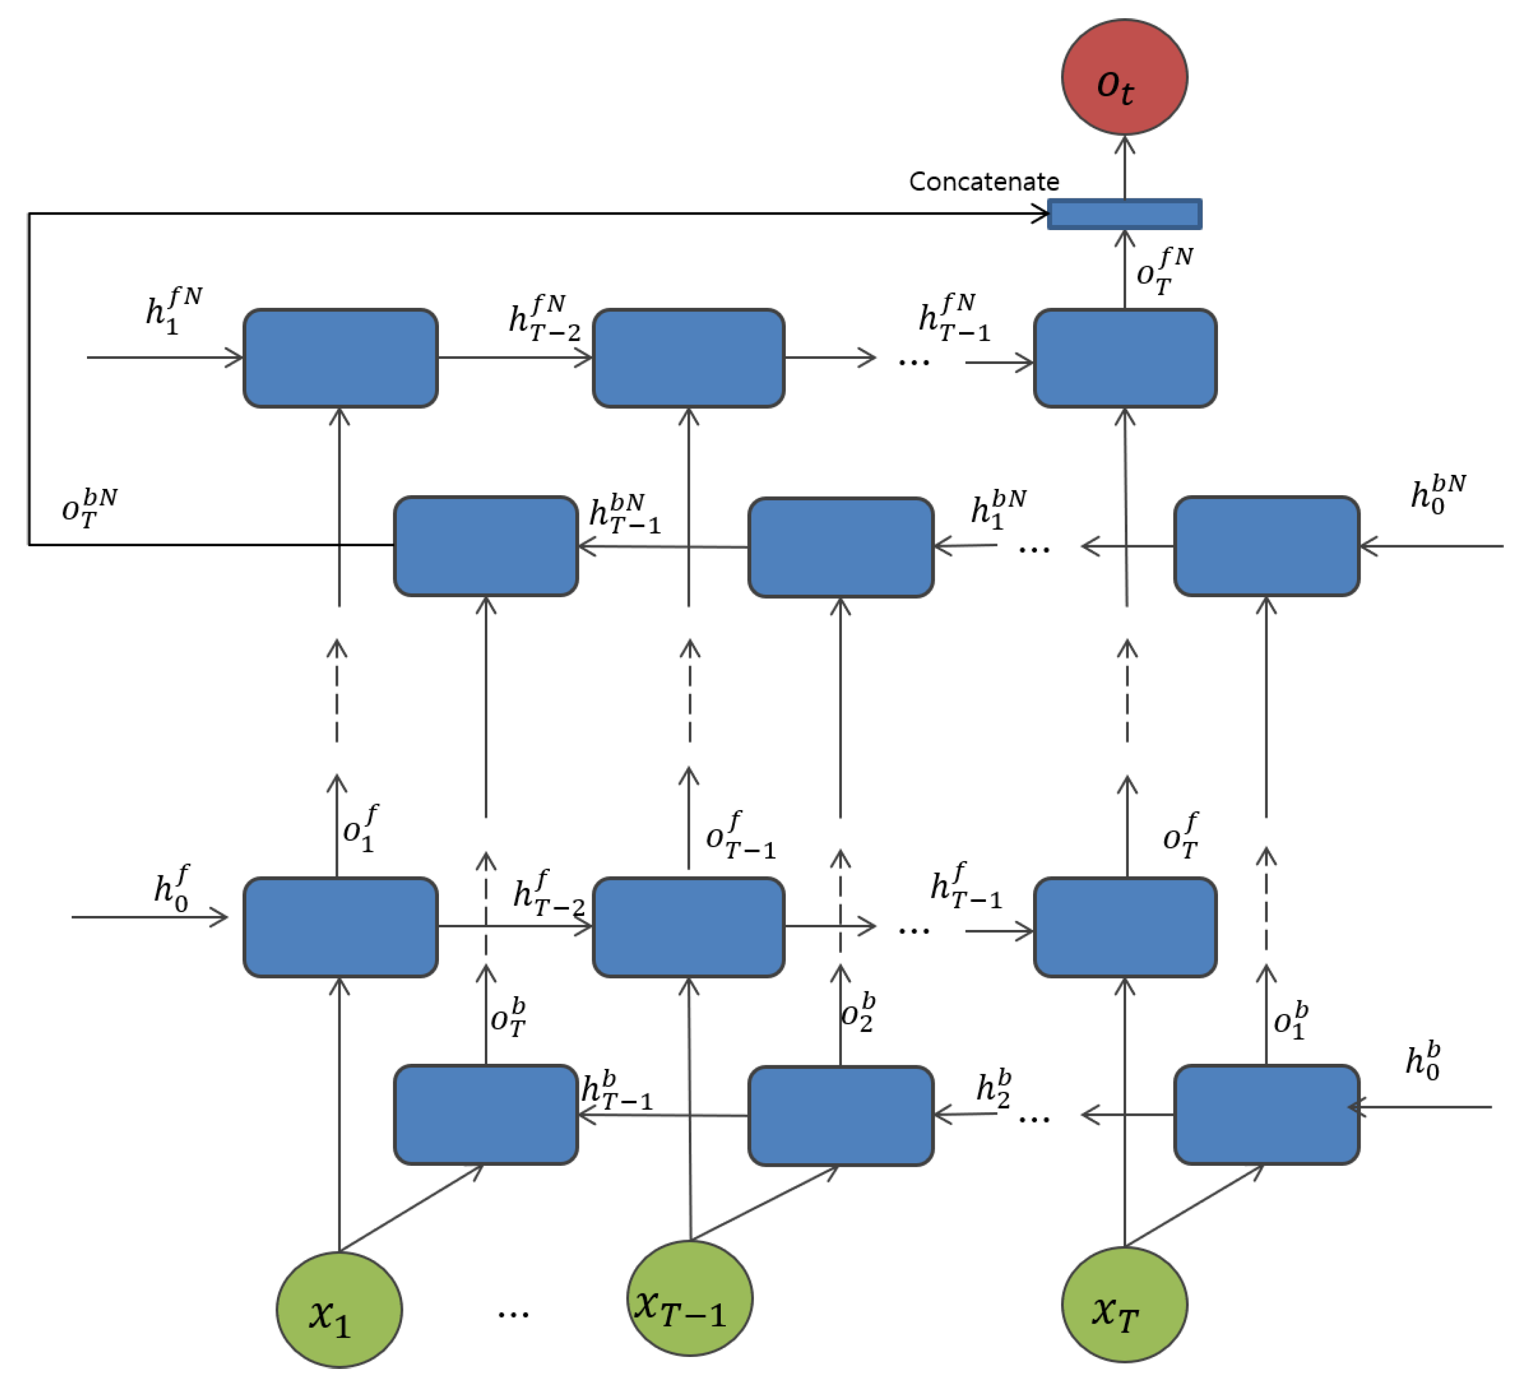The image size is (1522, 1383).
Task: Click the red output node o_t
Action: click(1124, 77)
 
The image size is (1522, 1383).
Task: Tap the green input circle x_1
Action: click(339, 1310)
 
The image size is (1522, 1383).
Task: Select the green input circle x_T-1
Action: click(690, 1299)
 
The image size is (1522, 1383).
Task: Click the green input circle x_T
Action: click(1124, 1304)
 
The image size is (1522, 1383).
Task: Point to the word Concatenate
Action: click(983, 182)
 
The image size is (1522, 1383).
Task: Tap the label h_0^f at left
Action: click(171, 888)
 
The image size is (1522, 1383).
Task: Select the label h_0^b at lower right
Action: click(1423, 1061)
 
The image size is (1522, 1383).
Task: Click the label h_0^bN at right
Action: click(1438, 495)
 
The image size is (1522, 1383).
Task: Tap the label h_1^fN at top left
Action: click(173, 309)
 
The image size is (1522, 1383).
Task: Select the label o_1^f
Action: click(360, 828)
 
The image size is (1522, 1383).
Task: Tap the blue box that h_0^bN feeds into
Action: click(1266, 546)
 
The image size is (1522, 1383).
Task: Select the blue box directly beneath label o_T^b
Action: click(485, 1114)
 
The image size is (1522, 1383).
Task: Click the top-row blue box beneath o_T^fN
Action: click(1124, 358)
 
